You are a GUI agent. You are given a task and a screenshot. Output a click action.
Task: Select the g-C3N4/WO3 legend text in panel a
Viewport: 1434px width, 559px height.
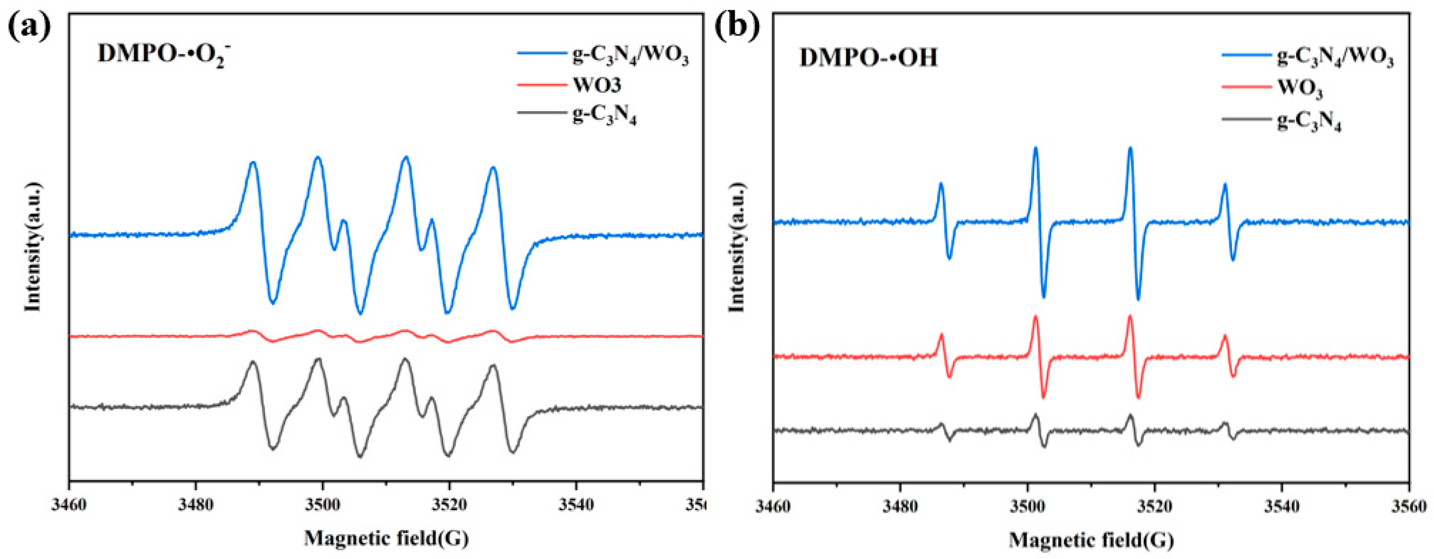[x=631, y=55]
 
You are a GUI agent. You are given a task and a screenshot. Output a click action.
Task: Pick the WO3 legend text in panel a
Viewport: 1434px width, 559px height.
[x=597, y=85]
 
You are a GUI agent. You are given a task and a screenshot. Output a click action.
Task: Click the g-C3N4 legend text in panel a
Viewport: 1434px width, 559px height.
[x=604, y=115]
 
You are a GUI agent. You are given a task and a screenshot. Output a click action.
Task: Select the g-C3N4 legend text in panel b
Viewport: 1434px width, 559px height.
[x=1309, y=122]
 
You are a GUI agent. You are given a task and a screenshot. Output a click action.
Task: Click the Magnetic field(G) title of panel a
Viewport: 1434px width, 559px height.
[x=386, y=538]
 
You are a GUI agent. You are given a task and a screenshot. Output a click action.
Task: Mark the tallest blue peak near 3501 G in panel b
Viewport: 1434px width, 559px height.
[x=1035, y=148]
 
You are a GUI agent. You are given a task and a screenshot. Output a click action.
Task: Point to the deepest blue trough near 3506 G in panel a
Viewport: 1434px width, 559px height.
[x=360, y=313]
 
